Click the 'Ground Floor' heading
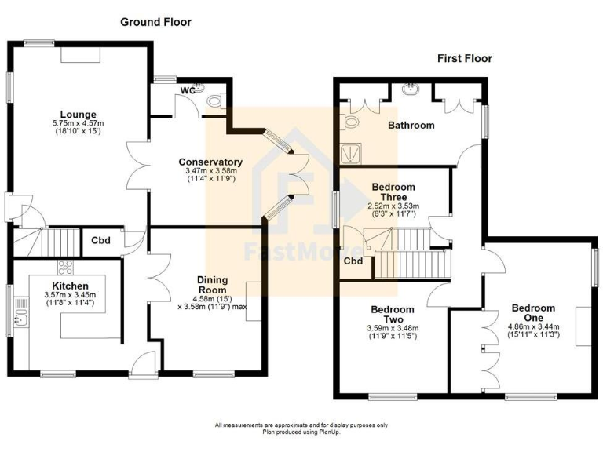click(x=155, y=22)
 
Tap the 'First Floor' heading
click(x=465, y=58)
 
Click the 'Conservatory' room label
click(x=210, y=162)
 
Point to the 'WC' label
click(x=188, y=90)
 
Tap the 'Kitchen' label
click(x=70, y=285)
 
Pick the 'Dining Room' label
click(x=212, y=283)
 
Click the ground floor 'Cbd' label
click(x=100, y=241)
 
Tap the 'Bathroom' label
click(x=411, y=125)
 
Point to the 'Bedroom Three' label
click(x=393, y=192)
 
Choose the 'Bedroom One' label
click(x=533, y=313)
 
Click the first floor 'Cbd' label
click(x=353, y=261)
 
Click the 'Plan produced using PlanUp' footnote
click(x=301, y=431)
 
